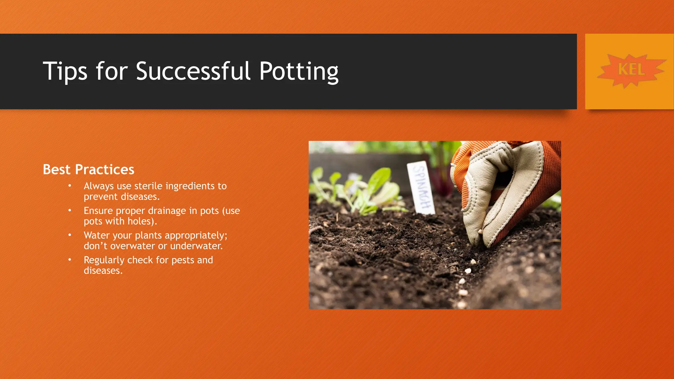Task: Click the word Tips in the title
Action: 65,71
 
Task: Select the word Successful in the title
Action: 193,71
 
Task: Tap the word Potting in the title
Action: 298,71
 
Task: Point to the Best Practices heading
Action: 89,169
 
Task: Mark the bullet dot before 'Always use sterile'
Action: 70,186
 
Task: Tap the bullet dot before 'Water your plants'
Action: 70,235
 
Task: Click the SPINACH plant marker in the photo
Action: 421,188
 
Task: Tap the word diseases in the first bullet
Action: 140,196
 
